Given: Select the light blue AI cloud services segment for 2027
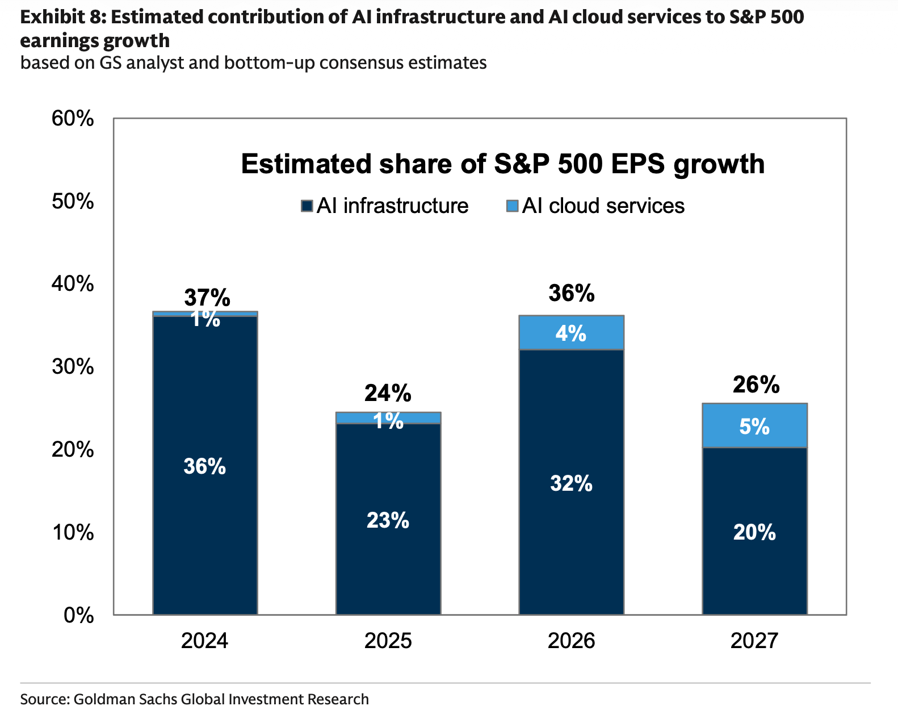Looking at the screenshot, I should point(754,426).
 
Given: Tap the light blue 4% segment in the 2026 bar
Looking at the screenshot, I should point(571,333).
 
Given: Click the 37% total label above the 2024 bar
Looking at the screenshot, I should point(207,298).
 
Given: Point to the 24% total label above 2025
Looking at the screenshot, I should point(388,393).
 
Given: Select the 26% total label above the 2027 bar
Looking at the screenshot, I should point(756,385).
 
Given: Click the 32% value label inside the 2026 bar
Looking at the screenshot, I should point(571,483).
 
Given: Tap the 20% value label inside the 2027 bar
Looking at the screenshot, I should point(754,532).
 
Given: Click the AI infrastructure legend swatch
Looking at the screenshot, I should point(307,206).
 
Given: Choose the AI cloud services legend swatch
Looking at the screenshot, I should point(513,206).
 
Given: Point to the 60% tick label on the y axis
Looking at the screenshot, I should point(73,119).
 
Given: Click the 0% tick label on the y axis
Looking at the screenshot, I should point(79,615).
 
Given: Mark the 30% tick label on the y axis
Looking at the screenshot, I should point(73,367).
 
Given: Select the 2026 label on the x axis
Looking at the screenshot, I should point(571,641).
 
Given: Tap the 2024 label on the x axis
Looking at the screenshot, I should point(205,641).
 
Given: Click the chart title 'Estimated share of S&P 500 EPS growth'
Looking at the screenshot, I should point(502,164).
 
